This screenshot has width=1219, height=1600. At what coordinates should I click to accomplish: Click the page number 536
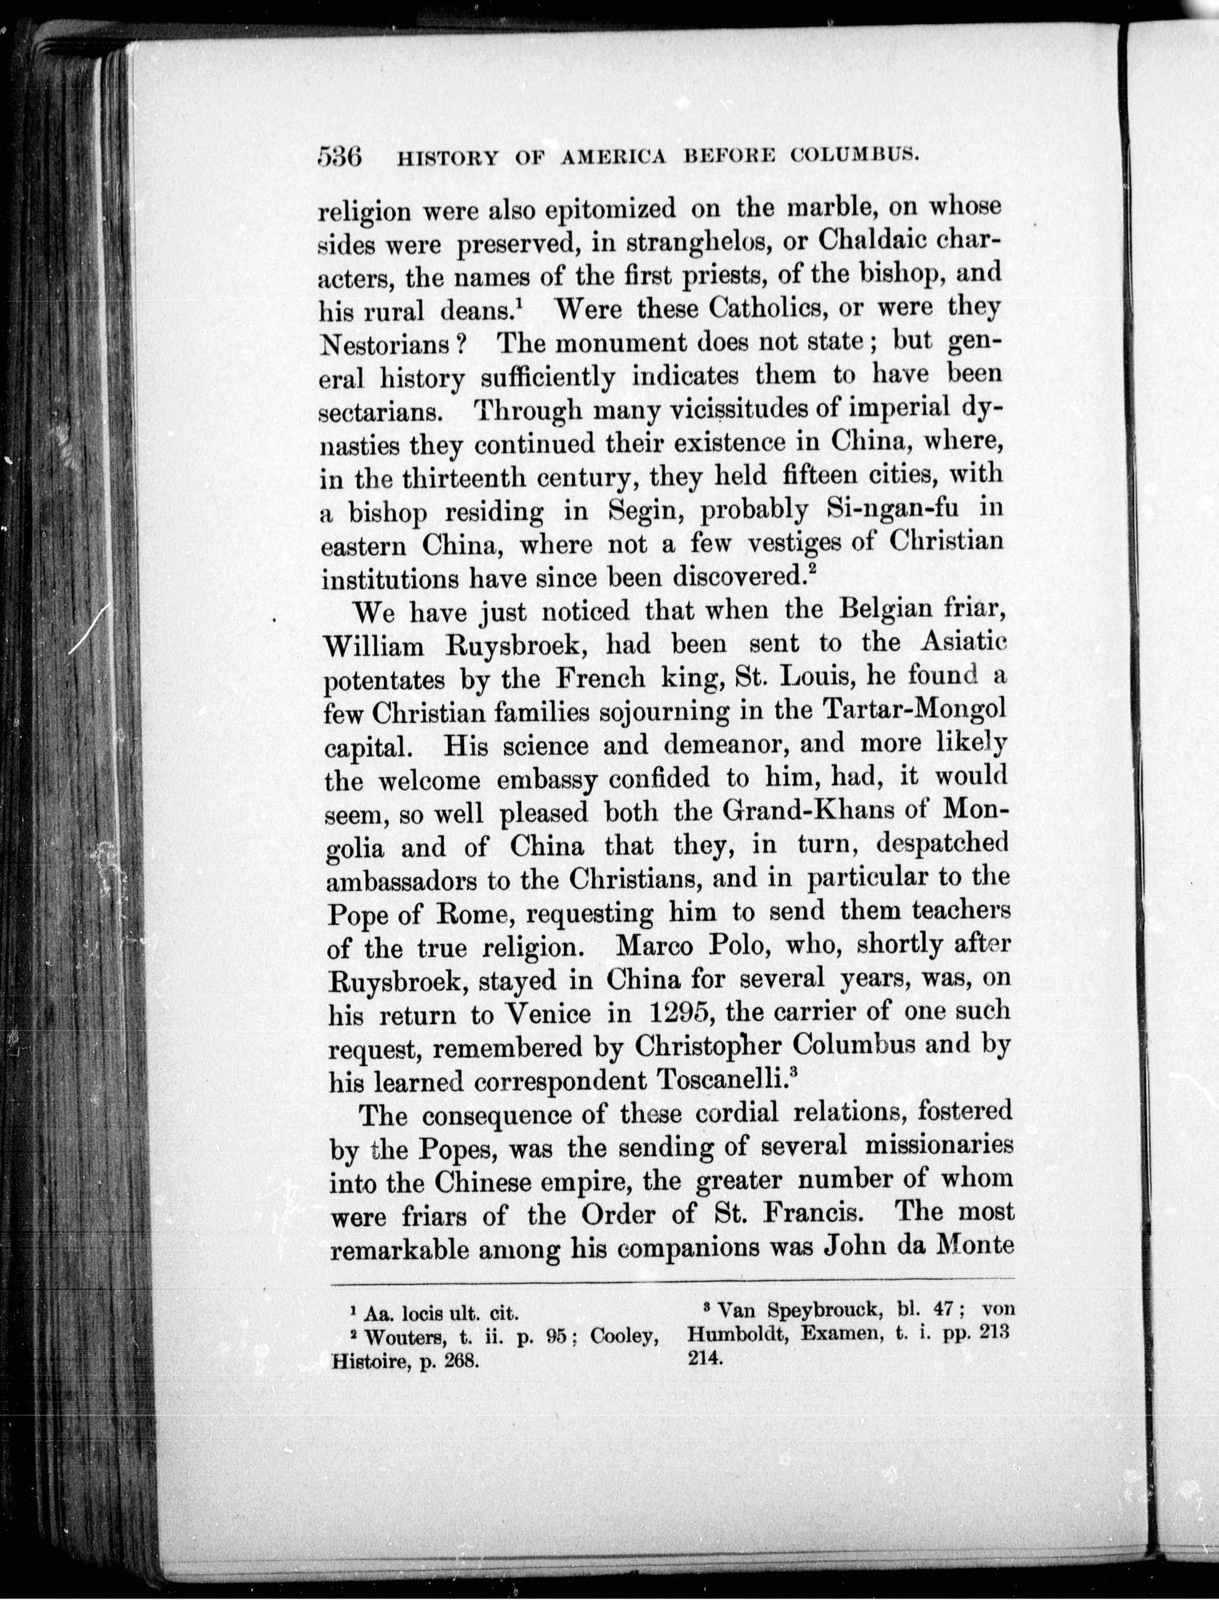339,157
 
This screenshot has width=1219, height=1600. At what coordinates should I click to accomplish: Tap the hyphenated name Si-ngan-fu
892,509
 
